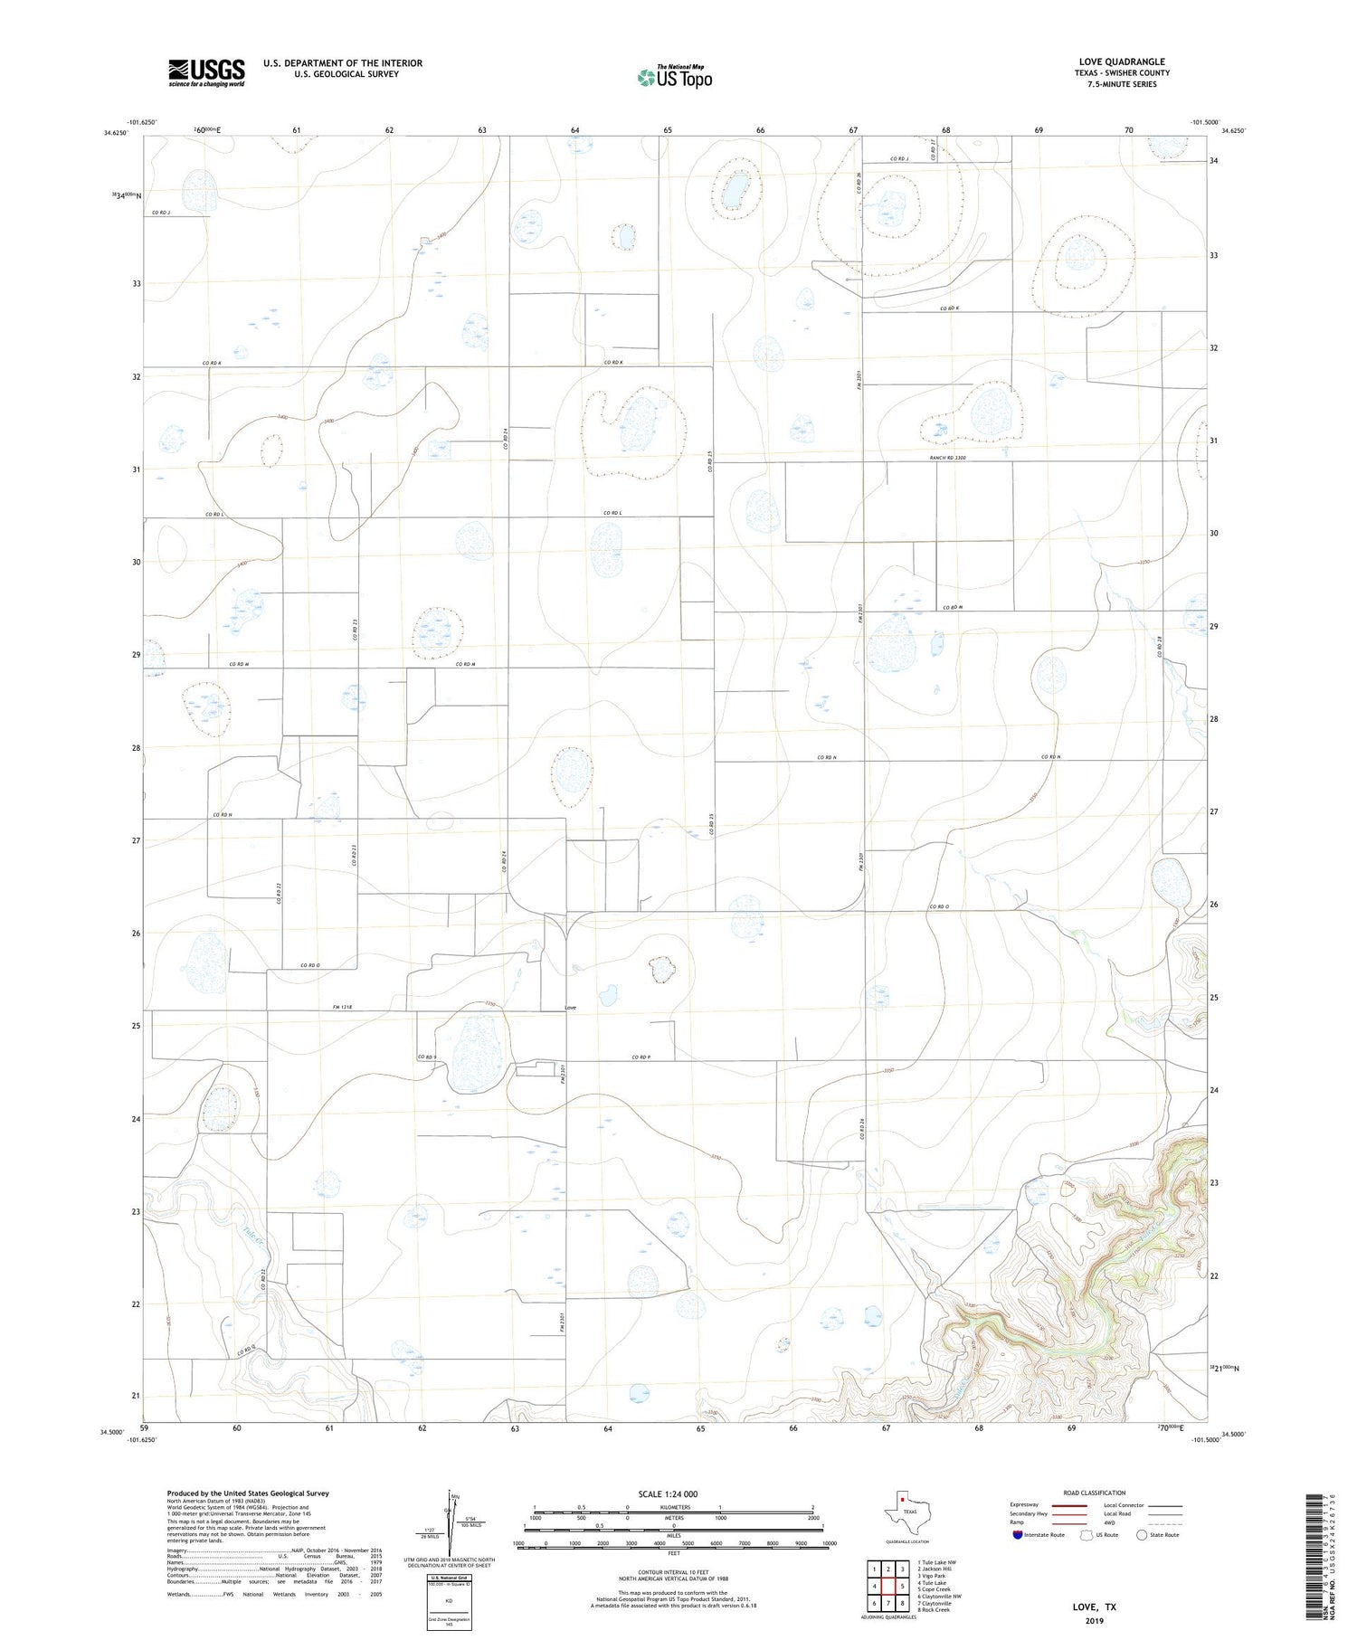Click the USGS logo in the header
(x=206, y=72)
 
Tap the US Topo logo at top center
(x=674, y=77)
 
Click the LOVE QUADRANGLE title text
(x=1121, y=62)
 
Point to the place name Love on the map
(x=570, y=1007)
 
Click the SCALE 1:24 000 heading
(x=674, y=1493)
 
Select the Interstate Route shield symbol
(x=1018, y=1535)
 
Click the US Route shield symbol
(x=1087, y=1535)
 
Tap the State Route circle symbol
(x=1142, y=1535)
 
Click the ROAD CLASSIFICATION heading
(x=1094, y=1493)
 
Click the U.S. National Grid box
(x=449, y=1604)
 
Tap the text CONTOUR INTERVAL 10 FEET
(x=673, y=1573)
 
